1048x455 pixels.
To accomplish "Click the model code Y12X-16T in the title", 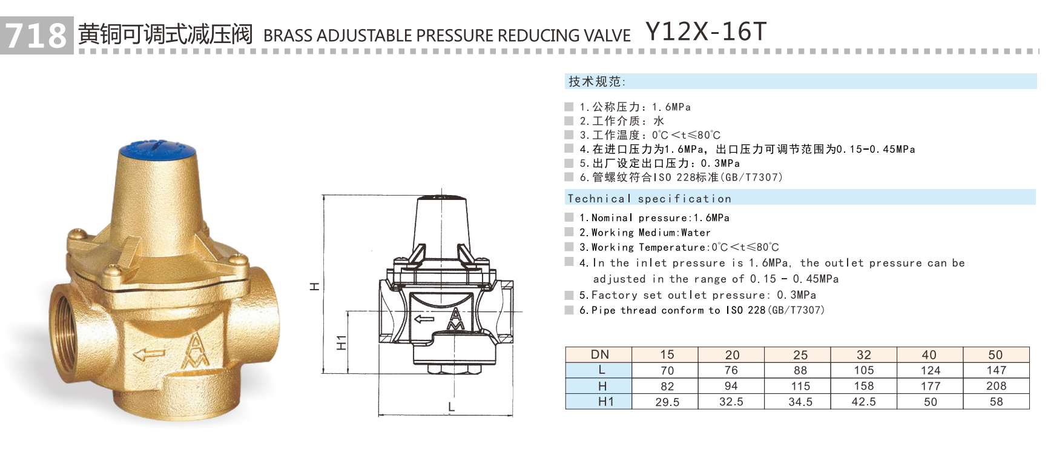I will (706, 32).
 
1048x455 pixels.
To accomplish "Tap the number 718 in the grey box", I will (36, 35).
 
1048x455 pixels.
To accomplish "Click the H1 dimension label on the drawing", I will (341, 342).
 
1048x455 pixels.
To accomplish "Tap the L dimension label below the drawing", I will (451, 407).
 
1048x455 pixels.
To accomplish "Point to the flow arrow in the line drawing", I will (424, 319).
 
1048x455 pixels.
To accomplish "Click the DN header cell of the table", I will (599, 354).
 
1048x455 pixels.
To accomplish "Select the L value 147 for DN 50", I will (996, 370).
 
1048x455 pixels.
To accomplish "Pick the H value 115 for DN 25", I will (800, 386).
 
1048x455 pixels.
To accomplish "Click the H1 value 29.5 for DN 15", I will (667, 402).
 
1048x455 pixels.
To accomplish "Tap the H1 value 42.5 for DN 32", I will (863, 402).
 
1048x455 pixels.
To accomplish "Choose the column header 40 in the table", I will (929, 354).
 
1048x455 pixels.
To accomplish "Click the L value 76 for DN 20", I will (731, 370).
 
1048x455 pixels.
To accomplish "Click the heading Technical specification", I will (649, 199).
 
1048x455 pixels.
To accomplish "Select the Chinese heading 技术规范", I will (596, 81).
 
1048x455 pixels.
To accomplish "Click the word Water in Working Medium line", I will (696, 233).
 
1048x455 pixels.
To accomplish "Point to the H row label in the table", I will (602, 386).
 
